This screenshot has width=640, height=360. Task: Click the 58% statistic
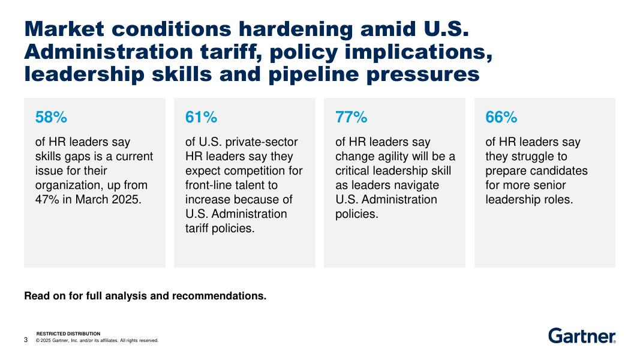point(51,118)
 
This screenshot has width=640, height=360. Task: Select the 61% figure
point(201,118)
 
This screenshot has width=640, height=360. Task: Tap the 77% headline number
point(351,118)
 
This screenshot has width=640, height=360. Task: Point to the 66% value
point(501,118)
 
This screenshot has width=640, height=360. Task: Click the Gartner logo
point(582,336)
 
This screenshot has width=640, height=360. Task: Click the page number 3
point(26,340)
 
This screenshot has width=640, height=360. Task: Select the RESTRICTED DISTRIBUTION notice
point(68,334)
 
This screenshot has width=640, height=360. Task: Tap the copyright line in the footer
point(97,341)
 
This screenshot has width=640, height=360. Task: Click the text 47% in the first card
point(48,200)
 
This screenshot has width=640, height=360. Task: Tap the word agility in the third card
point(395,157)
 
